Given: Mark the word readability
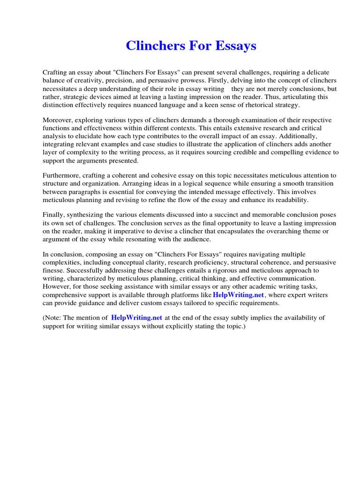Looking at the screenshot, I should (x=290, y=200).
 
